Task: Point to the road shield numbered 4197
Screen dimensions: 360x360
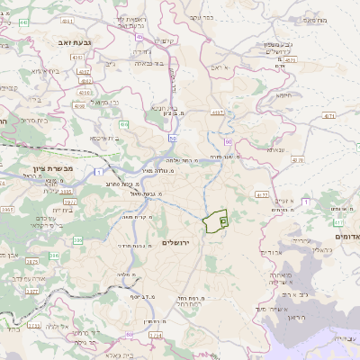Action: coord(218,112)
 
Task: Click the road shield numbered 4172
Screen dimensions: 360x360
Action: coord(262,193)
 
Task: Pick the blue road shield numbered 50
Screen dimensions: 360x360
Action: coord(171,138)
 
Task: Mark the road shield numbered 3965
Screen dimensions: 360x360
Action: coord(6,209)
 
